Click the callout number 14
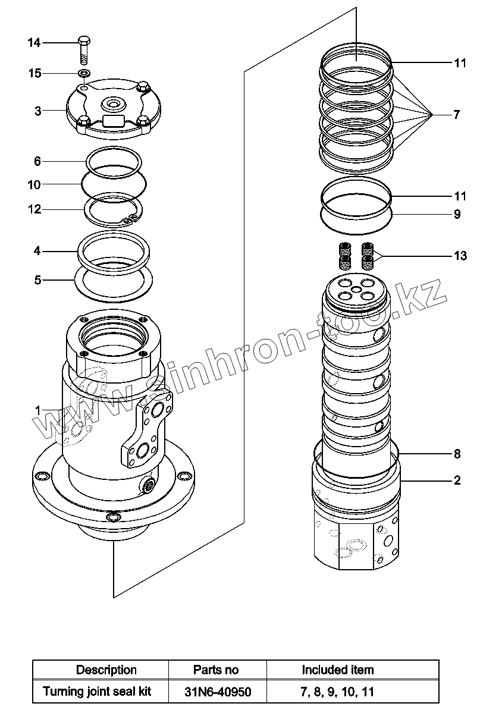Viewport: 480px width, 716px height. tap(34, 43)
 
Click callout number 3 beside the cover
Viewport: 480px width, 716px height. tap(37, 111)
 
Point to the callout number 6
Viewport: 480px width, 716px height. tap(37, 161)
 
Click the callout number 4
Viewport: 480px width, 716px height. tap(37, 251)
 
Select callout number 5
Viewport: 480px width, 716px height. tap(37, 280)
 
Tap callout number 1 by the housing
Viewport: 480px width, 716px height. tap(37, 410)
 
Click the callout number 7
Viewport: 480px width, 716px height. tap(456, 115)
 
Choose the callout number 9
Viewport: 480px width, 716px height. tap(457, 215)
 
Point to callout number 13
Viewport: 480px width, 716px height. tap(460, 256)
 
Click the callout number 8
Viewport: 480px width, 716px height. tap(457, 454)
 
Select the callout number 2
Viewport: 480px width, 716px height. tap(457, 481)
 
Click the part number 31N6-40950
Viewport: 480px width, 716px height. tap(216, 692)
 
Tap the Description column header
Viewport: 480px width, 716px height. tap(106, 670)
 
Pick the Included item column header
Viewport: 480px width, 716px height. tap(338, 670)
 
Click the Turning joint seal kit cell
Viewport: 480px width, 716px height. tap(97, 692)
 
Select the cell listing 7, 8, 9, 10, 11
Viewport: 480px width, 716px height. tap(338, 692)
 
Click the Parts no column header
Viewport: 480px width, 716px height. tap(216, 670)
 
